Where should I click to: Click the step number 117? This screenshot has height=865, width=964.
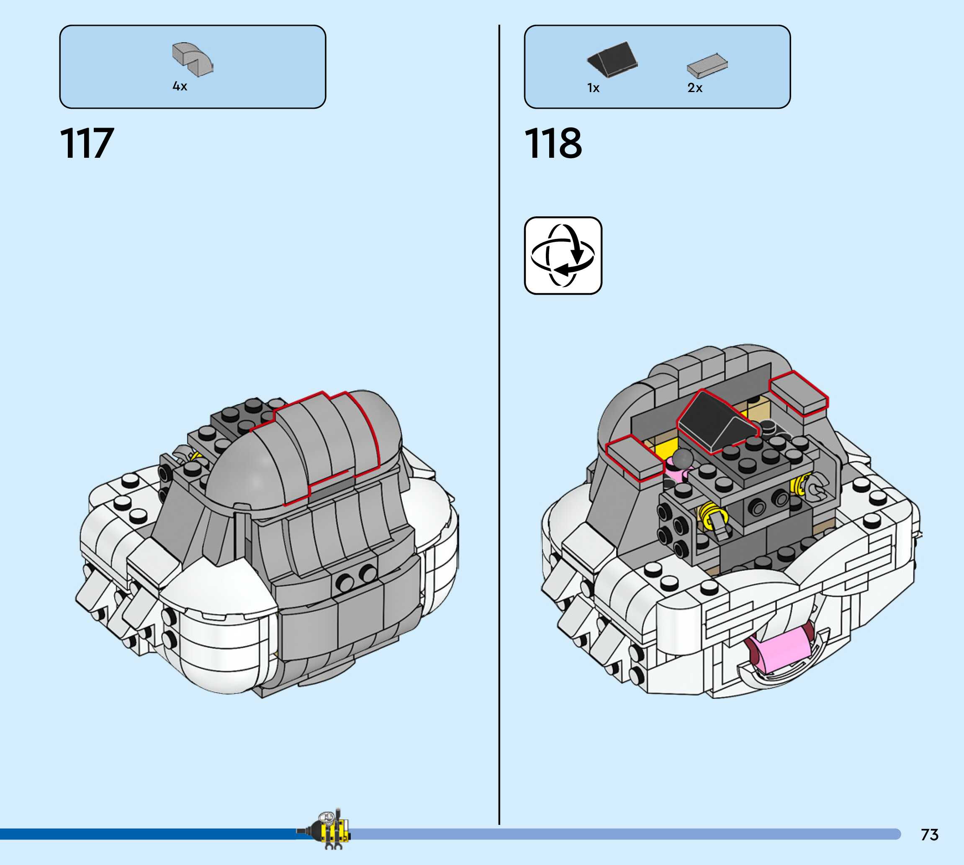(x=87, y=143)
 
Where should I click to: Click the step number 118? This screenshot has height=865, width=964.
(x=553, y=143)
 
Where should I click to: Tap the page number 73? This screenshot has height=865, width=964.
(x=929, y=834)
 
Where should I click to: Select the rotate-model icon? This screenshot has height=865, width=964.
(x=563, y=256)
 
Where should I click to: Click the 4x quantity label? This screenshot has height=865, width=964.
(x=180, y=87)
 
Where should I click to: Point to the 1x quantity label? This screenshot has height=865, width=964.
(x=593, y=88)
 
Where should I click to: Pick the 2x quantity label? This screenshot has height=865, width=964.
(x=694, y=88)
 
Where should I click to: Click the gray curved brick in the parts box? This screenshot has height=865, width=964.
(x=193, y=59)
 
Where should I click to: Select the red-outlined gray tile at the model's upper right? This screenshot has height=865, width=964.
(x=799, y=393)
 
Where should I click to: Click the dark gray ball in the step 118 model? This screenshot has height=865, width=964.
(x=683, y=458)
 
